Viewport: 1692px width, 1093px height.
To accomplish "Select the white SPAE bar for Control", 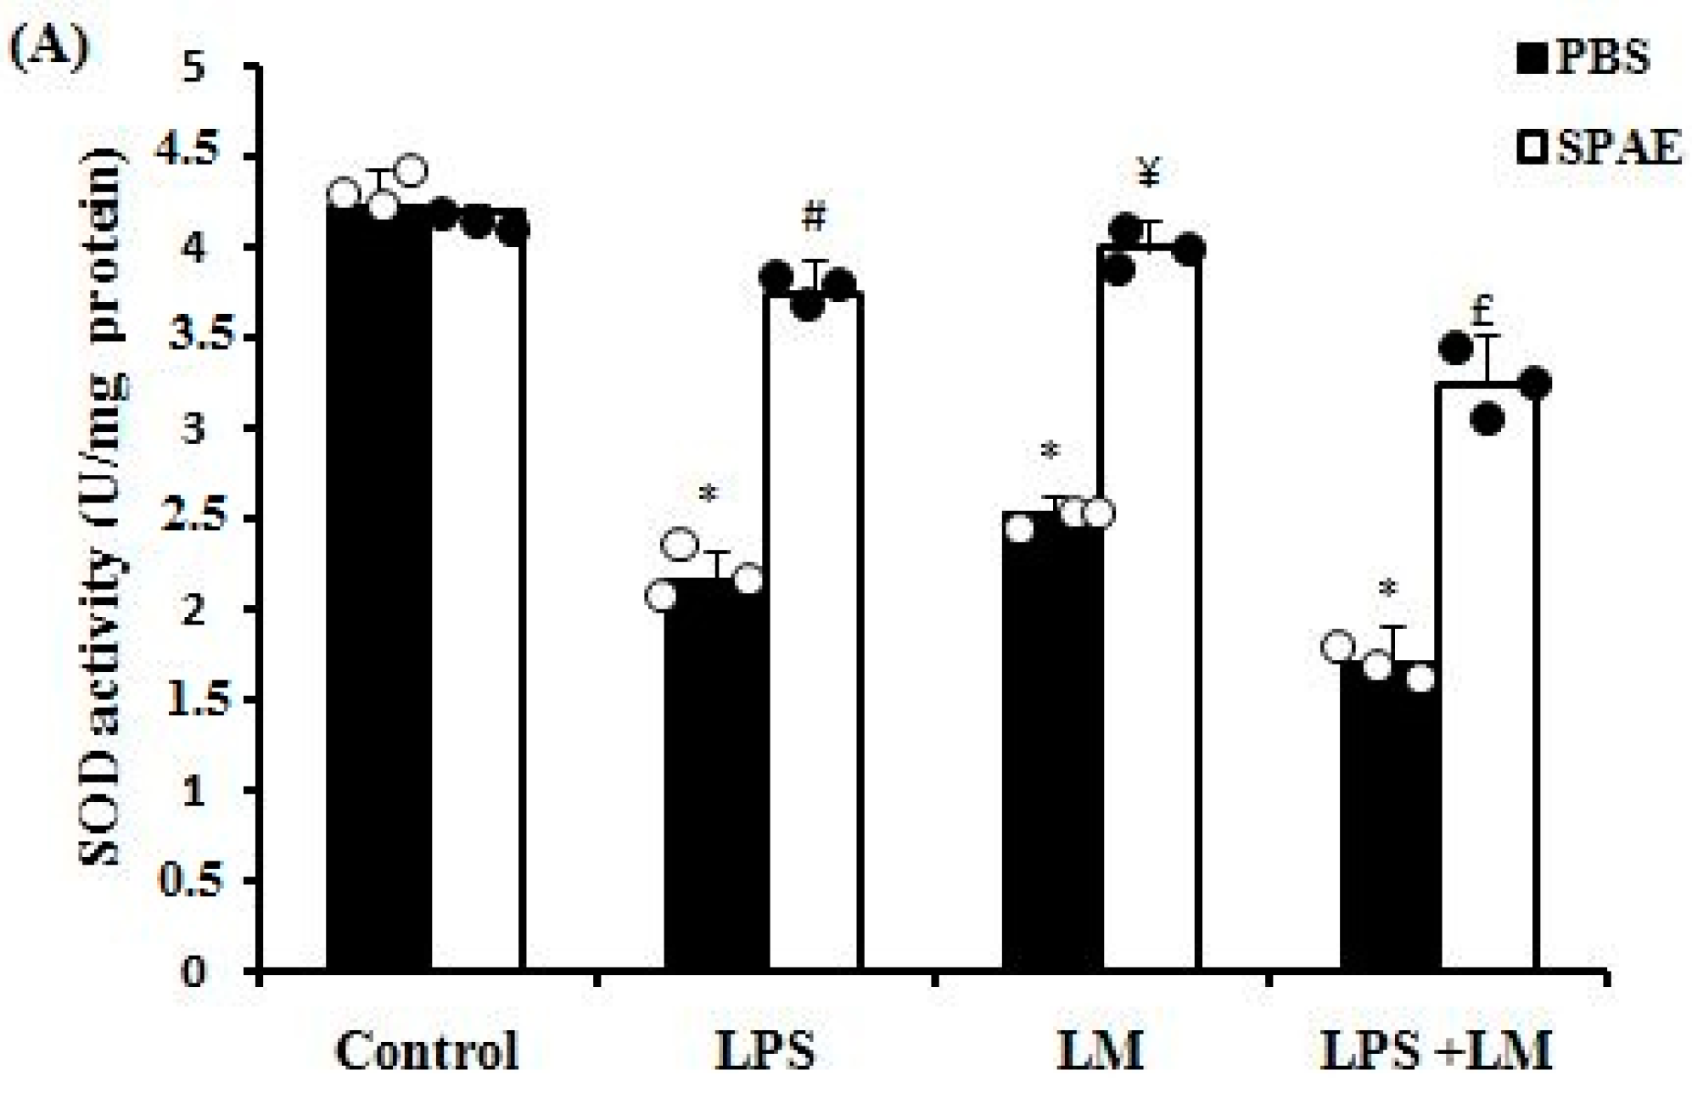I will pyautogui.click(x=478, y=594).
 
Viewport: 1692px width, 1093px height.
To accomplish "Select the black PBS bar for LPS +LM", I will pyautogui.click(x=1390, y=815).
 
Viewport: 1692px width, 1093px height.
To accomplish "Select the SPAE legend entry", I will pyautogui.click(x=1599, y=149).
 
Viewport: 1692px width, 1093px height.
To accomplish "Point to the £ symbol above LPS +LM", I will pyautogui.click(x=1483, y=312).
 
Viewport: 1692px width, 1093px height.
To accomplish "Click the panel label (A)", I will pyautogui.click(x=48, y=48).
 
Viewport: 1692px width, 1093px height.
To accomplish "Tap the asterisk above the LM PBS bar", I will pyautogui.click(x=1050, y=451).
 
